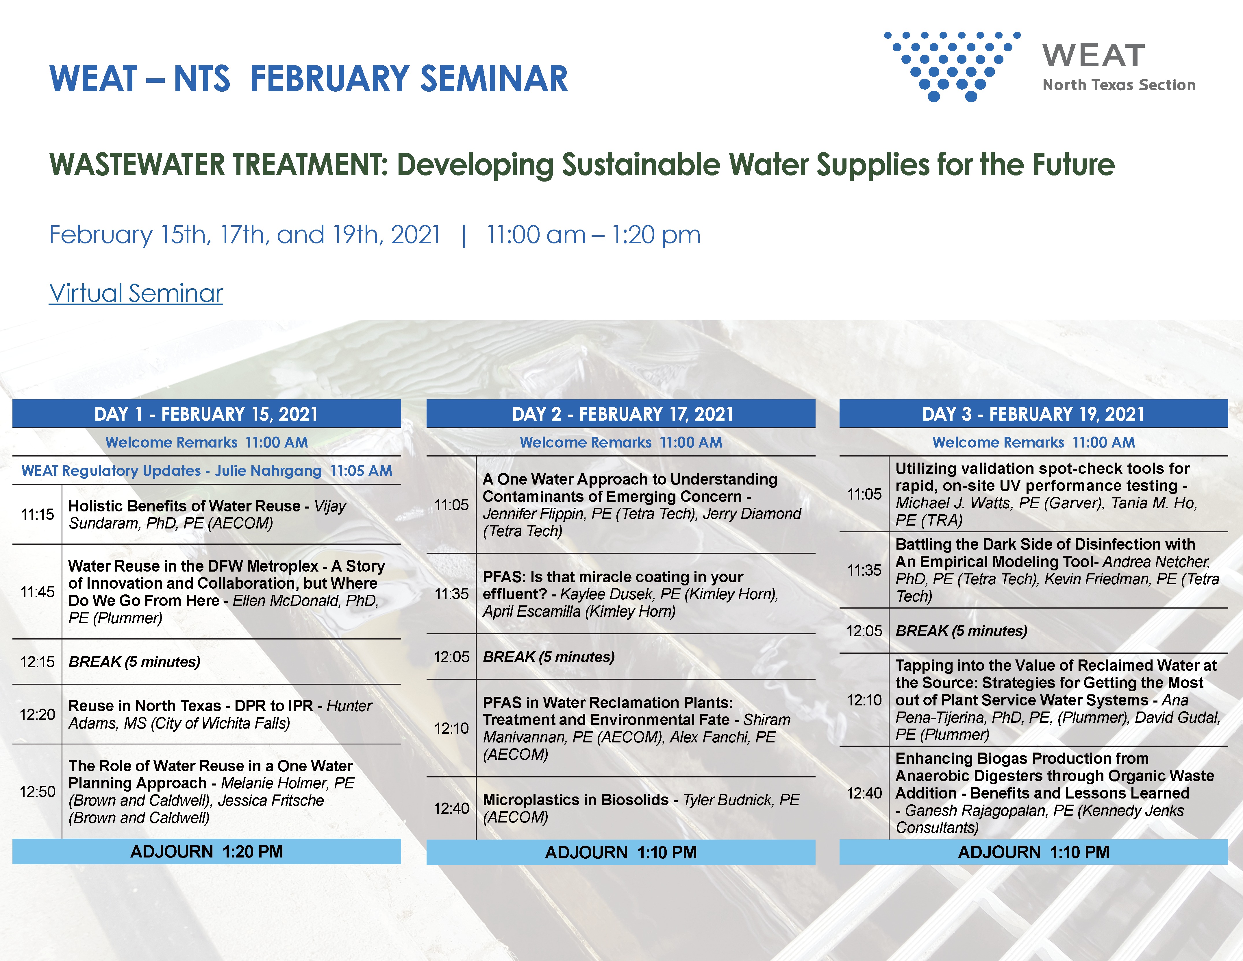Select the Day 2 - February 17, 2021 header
point(621,414)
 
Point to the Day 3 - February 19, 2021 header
point(1033,414)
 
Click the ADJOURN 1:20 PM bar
point(207,852)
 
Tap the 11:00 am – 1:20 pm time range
point(594,234)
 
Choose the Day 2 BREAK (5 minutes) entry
point(549,657)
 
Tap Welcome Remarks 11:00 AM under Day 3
point(1033,442)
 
